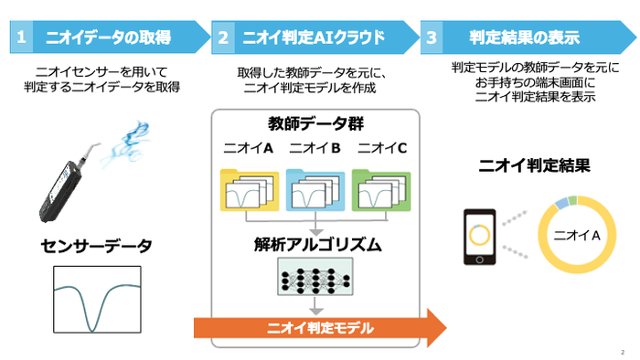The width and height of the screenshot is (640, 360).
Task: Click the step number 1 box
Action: click(21, 37)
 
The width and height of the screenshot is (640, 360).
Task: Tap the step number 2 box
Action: click(225, 37)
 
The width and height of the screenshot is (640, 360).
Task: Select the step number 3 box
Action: click(432, 37)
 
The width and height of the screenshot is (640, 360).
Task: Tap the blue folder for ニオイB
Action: click(315, 189)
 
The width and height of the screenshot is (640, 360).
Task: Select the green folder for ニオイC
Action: click(381, 189)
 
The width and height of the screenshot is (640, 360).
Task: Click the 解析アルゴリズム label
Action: click(315, 244)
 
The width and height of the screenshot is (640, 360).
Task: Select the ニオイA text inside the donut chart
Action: click(577, 237)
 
